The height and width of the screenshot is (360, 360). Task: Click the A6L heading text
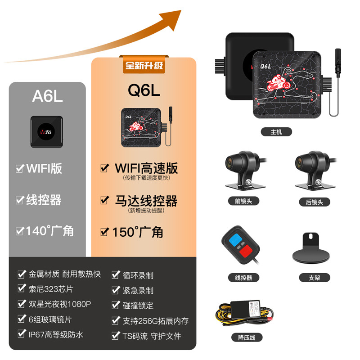pyautogui.click(x=47, y=96)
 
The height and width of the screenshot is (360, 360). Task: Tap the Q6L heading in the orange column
pyautogui.click(x=144, y=90)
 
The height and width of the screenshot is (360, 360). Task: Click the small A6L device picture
pyautogui.click(x=46, y=132)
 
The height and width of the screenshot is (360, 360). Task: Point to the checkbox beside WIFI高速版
pyautogui.click(x=104, y=168)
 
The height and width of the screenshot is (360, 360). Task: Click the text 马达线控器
pyautogui.click(x=146, y=201)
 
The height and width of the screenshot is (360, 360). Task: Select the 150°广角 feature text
pyautogui.click(x=138, y=232)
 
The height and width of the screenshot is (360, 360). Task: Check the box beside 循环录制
pyautogui.click(x=115, y=275)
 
